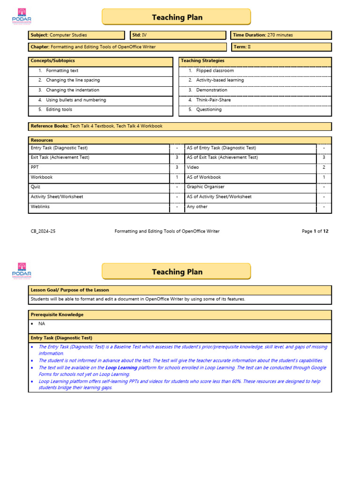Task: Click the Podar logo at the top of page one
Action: point(22,17)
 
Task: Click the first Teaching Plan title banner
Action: point(177,17)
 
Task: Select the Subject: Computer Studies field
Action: point(77,35)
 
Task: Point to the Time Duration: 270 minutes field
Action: point(281,35)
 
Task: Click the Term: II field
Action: point(281,47)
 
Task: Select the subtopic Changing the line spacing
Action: point(73,80)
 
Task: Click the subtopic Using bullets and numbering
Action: point(76,100)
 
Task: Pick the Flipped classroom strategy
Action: point(215,71)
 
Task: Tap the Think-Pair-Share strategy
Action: point(213,100)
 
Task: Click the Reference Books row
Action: point(180,127)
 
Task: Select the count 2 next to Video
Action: point(324,167)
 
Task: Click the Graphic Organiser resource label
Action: point(205,187)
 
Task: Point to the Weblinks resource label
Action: point(40,207)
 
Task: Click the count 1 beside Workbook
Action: point(177,177)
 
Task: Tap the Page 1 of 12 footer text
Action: point(315,231)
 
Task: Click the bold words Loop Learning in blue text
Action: point(121,368)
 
